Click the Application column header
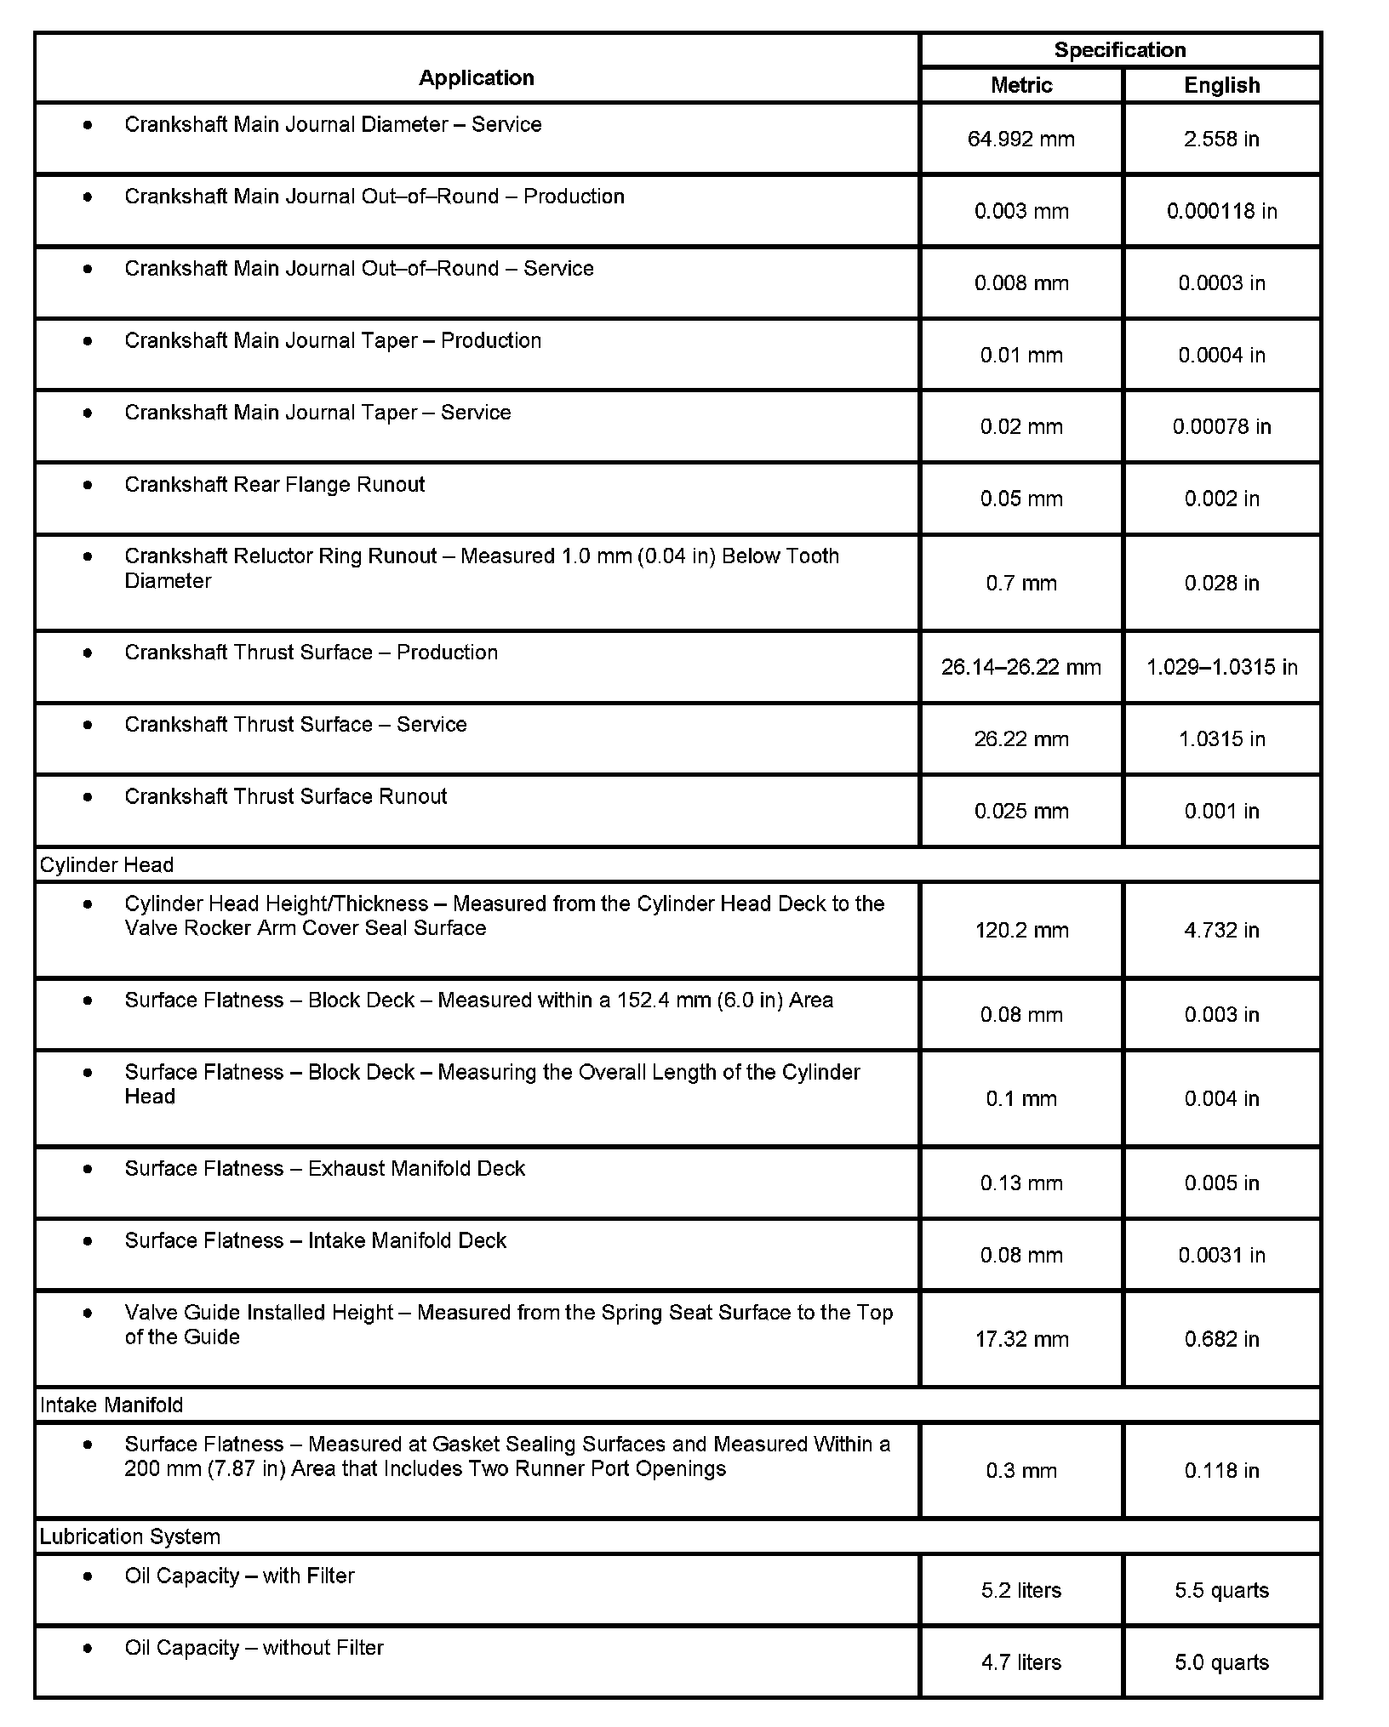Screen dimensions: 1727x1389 click(x=477, y=78)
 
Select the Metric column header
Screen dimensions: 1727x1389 click(x=1021, y=86)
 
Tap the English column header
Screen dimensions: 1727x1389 click(x=1221, y=86)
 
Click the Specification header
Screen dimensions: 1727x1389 click(x=1120, y=50)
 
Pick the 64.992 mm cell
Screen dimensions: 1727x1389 click(x=1021, y=140)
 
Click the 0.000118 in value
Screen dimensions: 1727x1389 click(x=1221, y=212)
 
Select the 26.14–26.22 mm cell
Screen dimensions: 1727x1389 click(x=1021, y=668)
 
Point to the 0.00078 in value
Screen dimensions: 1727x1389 click(x=1221, y=427)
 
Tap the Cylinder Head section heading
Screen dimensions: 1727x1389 click(x=107, y=865)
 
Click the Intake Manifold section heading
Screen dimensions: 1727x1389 click(x=111, y=1405)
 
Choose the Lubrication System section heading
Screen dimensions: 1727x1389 click(x=130, y=1537)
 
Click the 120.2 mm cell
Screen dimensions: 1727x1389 click(x=1021, y=931)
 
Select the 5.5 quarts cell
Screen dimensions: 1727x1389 click(x=1221, y=1591)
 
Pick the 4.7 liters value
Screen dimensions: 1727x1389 click(x=1021, y=1662)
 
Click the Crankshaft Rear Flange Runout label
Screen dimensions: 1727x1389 click(x=274, y=485)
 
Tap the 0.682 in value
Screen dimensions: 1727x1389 click(x=1221, y=1340)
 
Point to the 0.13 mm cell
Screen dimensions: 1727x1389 click(x=1021, y=1183)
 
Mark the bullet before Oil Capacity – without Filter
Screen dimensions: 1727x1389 click(x=88, y=1649)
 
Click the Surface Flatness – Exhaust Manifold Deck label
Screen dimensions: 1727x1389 click(x=324, y=1169)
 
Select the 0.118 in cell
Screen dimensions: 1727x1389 click(x=1221, y=1471)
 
